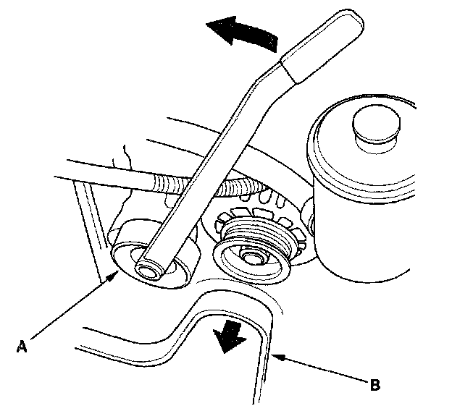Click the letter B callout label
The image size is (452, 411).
click(374, 384)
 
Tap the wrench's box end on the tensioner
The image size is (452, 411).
click(153, 268)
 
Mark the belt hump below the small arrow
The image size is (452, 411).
click(239, 304)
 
